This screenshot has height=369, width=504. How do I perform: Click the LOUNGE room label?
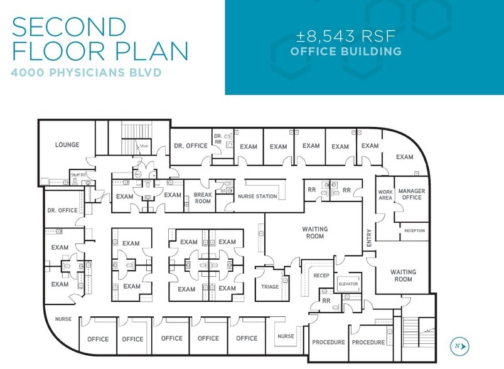tap(67, 145)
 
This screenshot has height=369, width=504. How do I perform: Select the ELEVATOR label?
tap(348, 284)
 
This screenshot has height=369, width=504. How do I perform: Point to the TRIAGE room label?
tap(270, 287)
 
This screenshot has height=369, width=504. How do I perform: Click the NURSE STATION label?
tap(257, 196)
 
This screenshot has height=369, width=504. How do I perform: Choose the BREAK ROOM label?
tap(202, 198)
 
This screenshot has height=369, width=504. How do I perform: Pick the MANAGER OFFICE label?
tap(411, 194)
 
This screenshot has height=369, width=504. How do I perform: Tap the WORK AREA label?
tap(385, 194)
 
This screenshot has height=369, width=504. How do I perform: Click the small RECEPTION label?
tap(414, 231)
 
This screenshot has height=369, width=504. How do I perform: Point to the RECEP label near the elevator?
tap(321, 275)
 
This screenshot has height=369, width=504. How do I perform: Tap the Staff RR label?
tap(78, 174)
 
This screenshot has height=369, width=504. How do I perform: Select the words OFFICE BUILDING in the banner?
tap(346, 51)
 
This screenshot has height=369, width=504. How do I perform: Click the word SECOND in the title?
tap(70, 28)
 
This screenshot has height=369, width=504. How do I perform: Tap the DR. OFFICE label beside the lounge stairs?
tap(190, 146)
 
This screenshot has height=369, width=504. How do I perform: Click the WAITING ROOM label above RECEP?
tap(314, 233)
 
